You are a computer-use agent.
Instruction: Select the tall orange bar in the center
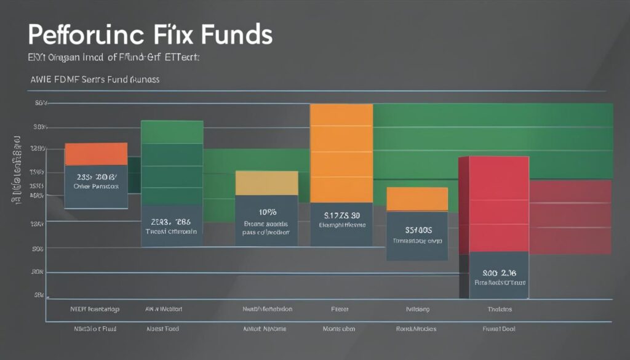341,153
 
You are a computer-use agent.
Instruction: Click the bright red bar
493,203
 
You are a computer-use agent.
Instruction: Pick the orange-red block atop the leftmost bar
96,154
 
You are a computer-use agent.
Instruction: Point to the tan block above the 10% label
266,183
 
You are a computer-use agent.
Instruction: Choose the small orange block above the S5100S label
417,199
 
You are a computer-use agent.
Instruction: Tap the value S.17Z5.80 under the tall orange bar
342,215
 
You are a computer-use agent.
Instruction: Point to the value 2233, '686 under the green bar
171,222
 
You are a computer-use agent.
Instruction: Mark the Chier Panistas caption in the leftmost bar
96,185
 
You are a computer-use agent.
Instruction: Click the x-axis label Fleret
340,309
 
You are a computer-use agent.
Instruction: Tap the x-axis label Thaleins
499,309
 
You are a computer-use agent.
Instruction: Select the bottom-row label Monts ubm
338,329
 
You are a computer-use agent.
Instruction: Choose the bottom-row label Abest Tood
163,329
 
